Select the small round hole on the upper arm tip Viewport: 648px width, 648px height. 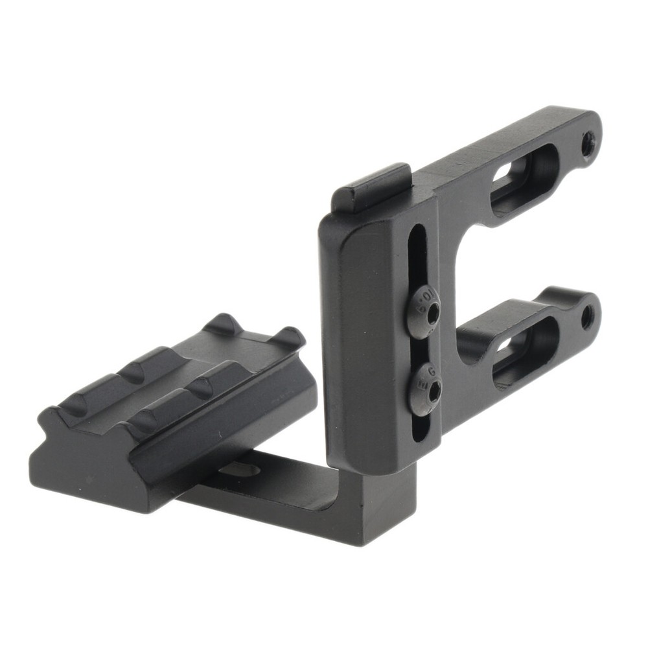(587, 144)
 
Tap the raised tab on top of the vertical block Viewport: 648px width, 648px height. (372, 188)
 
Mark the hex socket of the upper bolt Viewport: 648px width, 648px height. (432, 313)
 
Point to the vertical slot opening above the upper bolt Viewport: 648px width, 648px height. (419, 256)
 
